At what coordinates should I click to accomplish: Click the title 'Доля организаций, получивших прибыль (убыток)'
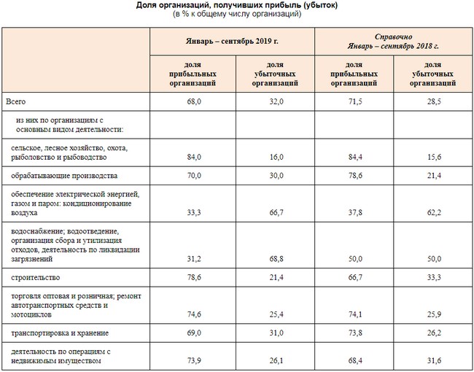(237, 6)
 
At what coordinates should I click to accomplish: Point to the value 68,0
(194, 102)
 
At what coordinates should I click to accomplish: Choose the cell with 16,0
(274, 157)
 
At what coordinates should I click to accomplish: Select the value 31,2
(194, 259)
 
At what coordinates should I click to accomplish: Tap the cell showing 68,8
(274, 259)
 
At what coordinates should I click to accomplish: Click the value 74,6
(194, 315)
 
